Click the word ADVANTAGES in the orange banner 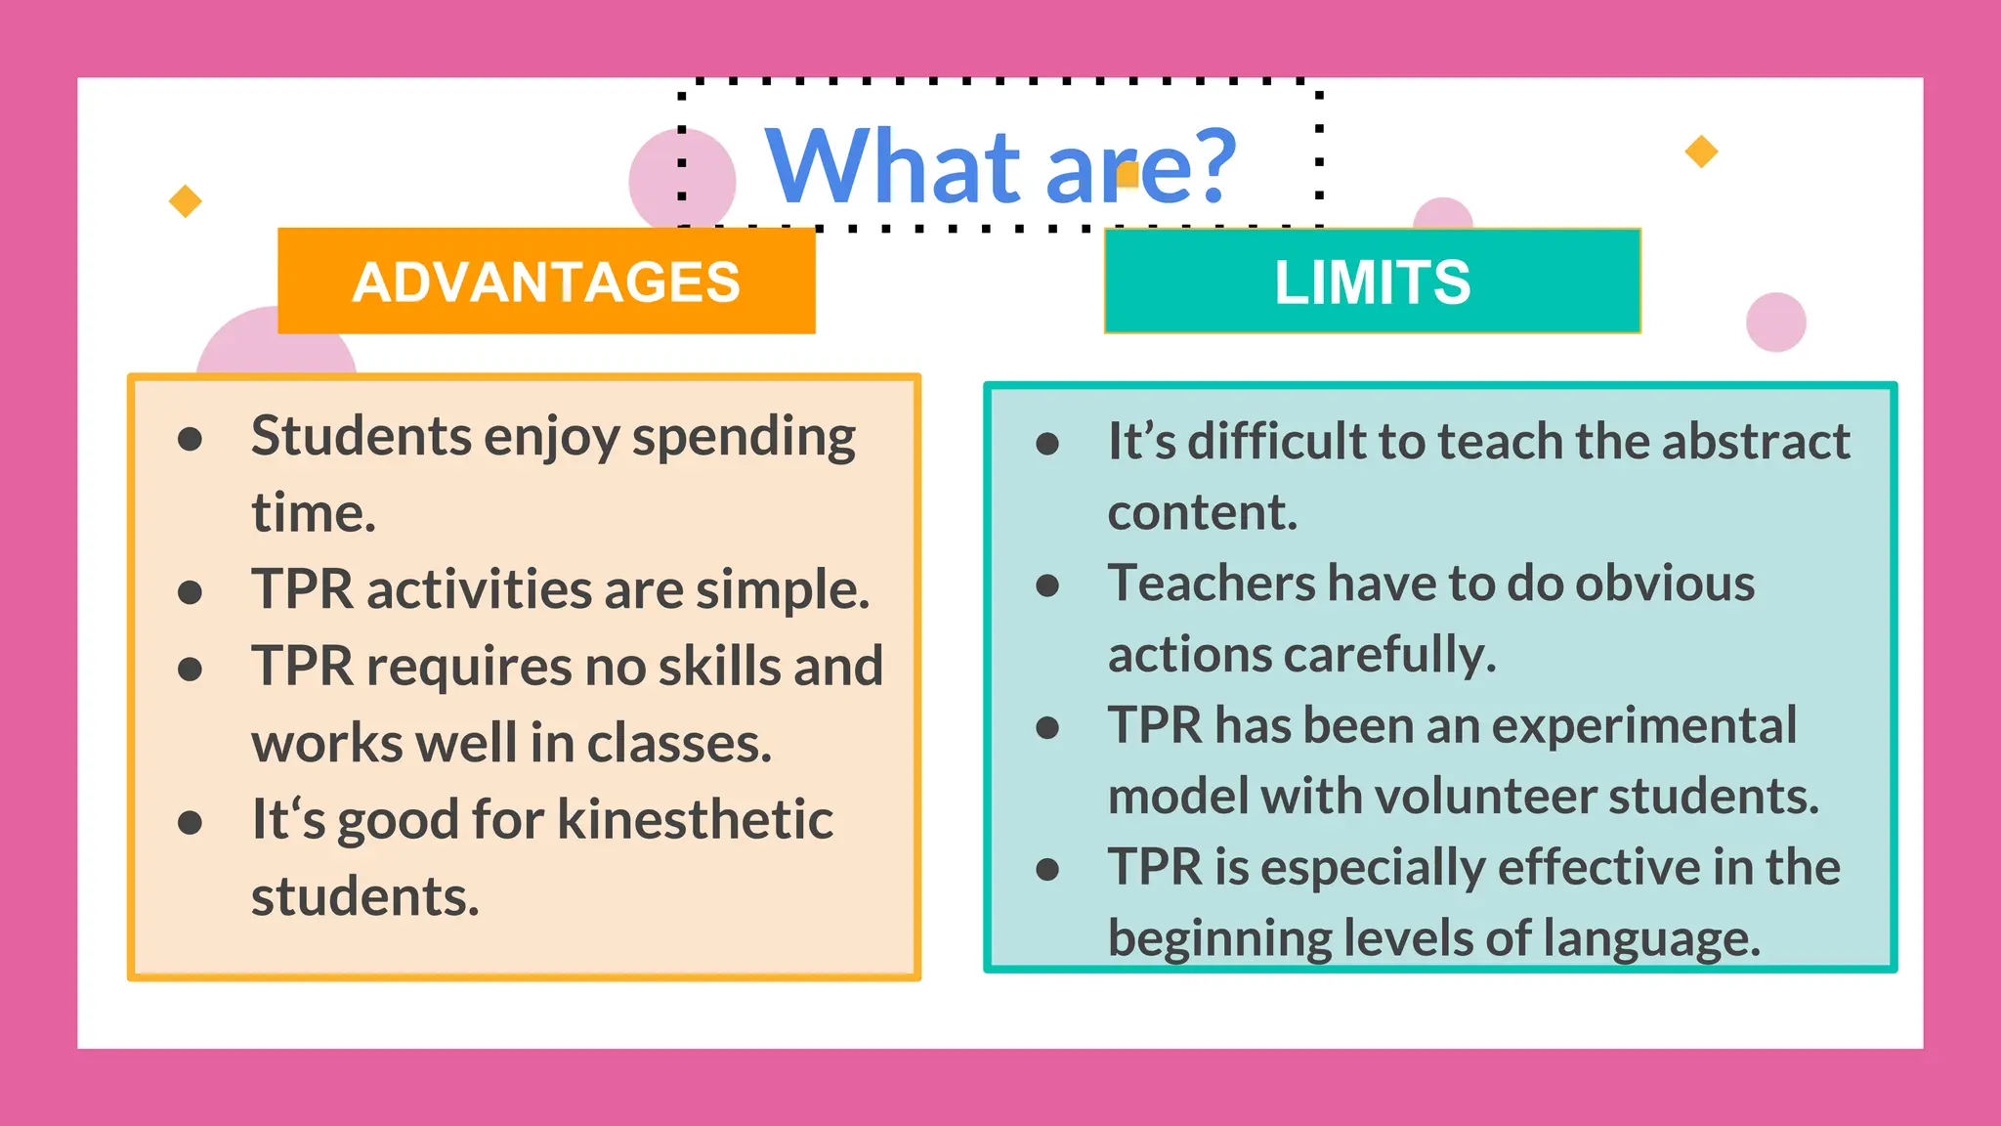coord(546,282)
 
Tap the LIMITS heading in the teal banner coord(1372,282)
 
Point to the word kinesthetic coord(695,819)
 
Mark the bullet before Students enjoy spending coord(190,439)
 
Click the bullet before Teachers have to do coord(1047,585)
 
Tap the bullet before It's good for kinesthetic coord(190,822)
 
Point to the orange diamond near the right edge coord(1701,152)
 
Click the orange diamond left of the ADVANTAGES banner coord(185,201)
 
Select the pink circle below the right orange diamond coord(1775,322)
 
